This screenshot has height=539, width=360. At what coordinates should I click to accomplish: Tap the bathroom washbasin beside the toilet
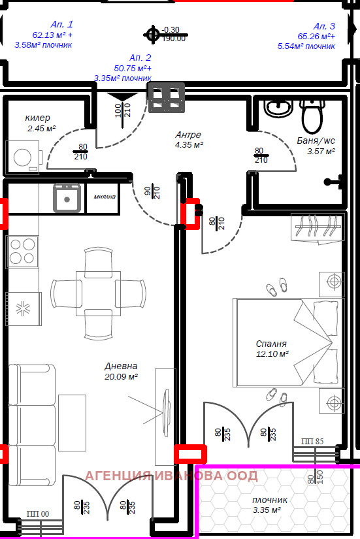point(279,108)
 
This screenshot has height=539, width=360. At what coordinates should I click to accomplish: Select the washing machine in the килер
point(24,157)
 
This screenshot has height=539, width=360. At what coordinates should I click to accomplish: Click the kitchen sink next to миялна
point(67,198)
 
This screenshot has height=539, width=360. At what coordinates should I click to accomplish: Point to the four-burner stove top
point(22,252)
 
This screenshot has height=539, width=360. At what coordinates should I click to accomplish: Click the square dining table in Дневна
point(99,293)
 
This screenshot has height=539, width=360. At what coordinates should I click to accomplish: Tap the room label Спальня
point(271,344)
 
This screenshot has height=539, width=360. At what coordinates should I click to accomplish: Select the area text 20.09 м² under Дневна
point(121,377)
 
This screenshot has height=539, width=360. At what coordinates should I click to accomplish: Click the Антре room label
point(188,135)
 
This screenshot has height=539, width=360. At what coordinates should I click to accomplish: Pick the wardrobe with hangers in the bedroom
point(318,227)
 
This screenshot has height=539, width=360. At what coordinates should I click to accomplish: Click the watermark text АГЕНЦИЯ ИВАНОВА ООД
point(171,476)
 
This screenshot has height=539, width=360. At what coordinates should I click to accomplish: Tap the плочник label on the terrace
point(270,500)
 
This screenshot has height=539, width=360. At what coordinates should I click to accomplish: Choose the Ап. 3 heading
point(324,26)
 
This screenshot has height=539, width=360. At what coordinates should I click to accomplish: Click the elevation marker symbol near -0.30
point(152,35)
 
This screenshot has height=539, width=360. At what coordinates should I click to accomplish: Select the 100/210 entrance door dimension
point(123,110)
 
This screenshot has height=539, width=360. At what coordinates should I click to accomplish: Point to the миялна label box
point(104,197)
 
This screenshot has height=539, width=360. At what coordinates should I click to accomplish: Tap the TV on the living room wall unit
point(167,412)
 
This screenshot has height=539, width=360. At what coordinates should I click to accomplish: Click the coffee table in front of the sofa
point(72,423)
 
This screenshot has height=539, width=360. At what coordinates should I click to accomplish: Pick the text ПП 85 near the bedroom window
point(312,441)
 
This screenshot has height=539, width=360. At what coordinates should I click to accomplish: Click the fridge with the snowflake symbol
point(24,308)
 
